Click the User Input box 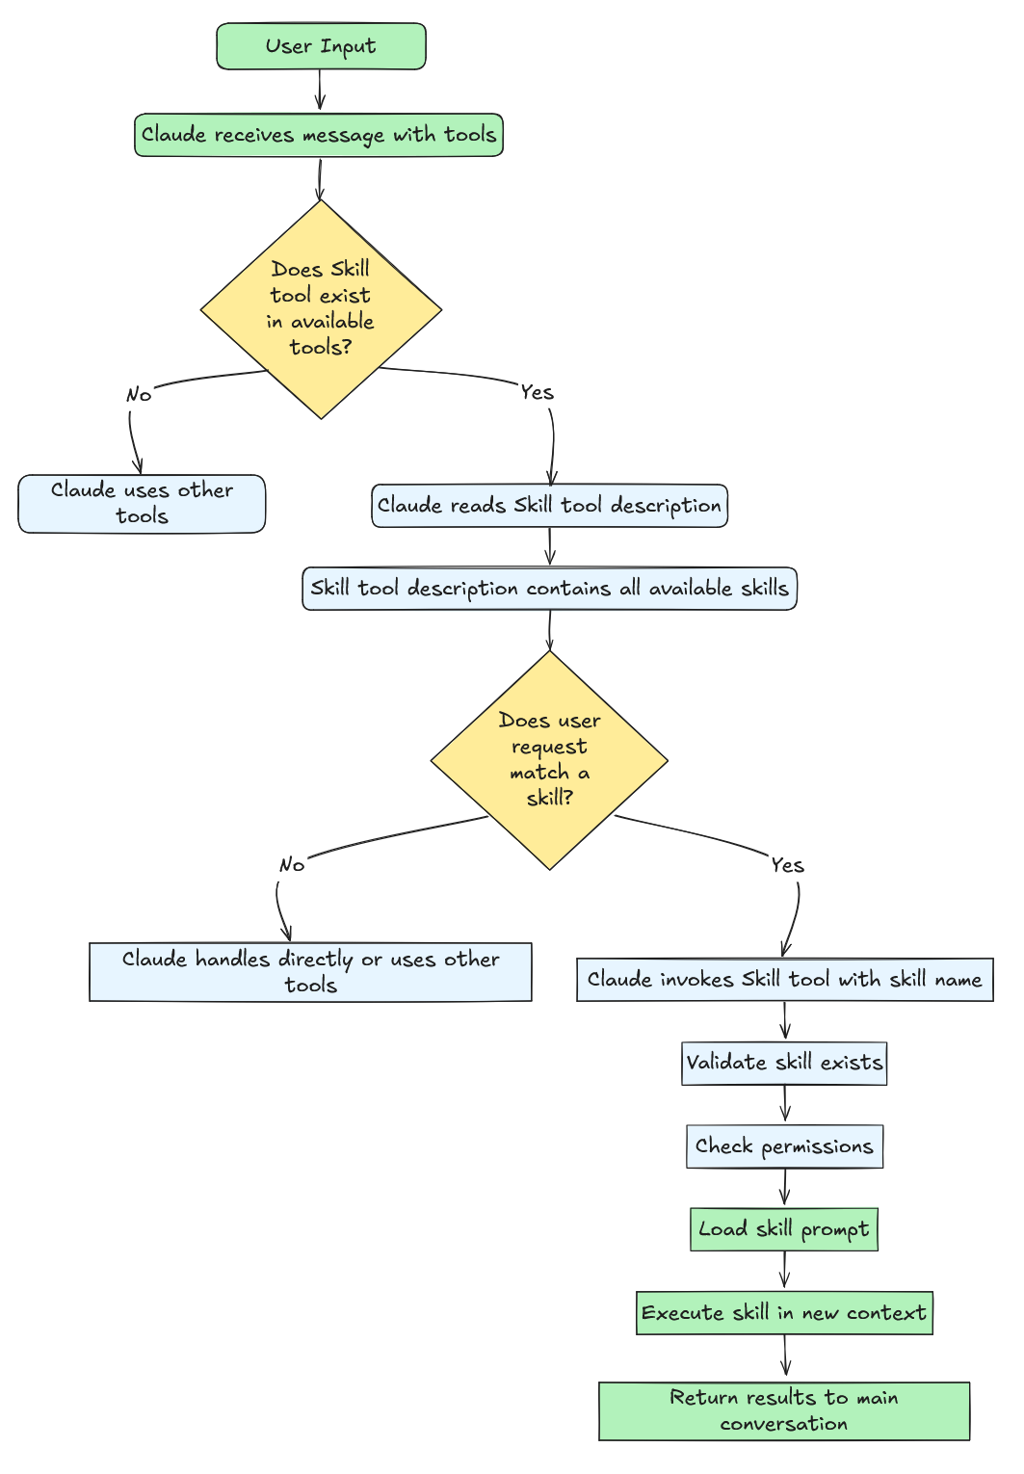click(x=321, y=46)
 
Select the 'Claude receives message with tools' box click(x=318, y=135)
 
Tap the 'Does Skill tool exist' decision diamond click(x=321, y=308)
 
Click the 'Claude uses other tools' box click(x=142, y=503)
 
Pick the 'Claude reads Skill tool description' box click(x=549, y=506)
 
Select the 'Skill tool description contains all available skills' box click(x=549, y=589)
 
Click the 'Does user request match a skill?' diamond click(x=549, y=760)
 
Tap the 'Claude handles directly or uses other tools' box click(x=310, y=972)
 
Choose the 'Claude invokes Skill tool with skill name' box click(x=784, y=980)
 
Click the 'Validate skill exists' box click(x=784, y=1063)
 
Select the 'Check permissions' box click(x=784, y=1146)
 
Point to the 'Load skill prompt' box click(x=784, y=1229)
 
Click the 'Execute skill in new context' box click(x=784, y=1313)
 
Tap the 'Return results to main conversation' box click(x=784, y=1410)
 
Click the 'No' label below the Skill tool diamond click(x=139, y=395)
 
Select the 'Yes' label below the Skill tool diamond click(x=537, y=392)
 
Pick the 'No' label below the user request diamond click(x=291, y=865)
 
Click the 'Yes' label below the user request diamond click(x=787, y=865)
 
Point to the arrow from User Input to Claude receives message click(x=320, y=91)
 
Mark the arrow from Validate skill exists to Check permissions click(x=785, y=1104)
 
